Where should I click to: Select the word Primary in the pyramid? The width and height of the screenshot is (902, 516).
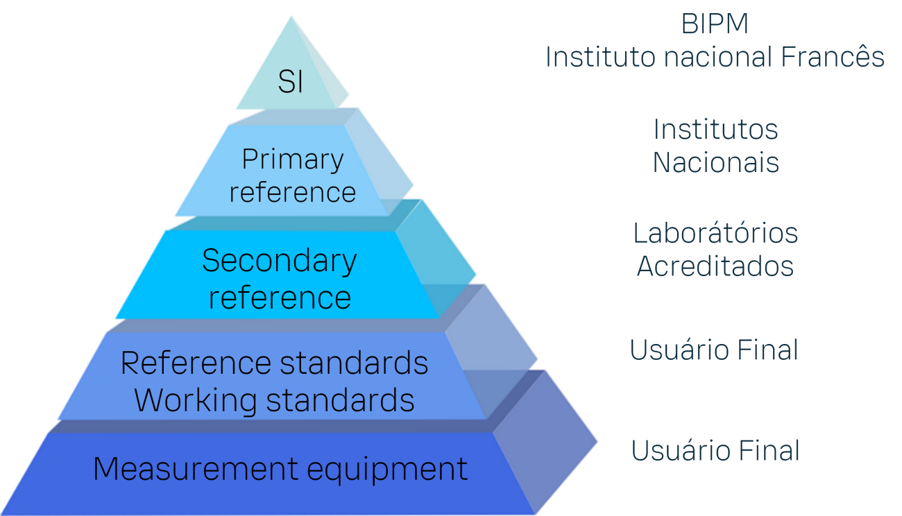click(292, 161)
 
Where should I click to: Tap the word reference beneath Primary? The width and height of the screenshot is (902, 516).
click(292, 192)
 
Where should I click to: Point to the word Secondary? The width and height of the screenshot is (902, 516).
click(279, 261)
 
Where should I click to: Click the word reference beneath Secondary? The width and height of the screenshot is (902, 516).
click(280, 298)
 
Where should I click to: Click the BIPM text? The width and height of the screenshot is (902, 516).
click(715, 25)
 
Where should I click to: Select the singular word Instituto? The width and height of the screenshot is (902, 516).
click(595, 57)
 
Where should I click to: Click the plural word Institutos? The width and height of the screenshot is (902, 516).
click(715, 130)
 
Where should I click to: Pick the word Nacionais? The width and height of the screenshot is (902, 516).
click(715, 163)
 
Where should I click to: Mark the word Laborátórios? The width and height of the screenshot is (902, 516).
click(715, 233)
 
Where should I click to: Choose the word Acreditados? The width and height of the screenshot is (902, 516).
click(715, 266)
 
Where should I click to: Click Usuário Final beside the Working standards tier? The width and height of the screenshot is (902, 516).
click(714, 350)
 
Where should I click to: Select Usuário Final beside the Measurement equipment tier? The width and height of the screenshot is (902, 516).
click(715, 451)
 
